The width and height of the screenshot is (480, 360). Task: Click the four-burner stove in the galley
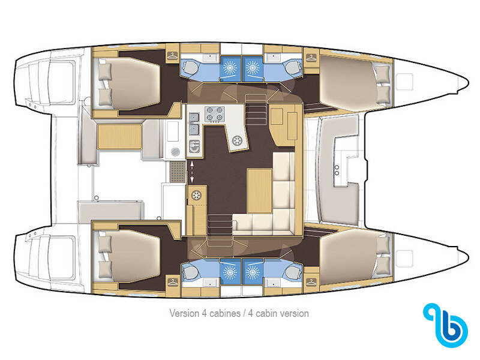(x=214, y=113)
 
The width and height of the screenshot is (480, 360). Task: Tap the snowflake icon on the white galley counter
(x=237, y=141)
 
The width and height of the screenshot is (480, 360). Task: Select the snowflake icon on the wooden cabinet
(x=196, y=195)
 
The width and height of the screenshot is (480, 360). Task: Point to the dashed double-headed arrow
(x=192, y=172)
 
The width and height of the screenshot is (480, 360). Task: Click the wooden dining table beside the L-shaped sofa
(x=260, y=191)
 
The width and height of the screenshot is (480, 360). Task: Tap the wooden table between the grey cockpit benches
(x=119, y=137)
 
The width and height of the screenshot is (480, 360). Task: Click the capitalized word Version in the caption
(x=184, y=313)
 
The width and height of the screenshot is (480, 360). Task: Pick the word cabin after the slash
(x=266, y=314)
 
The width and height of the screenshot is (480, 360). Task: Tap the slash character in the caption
(x=245, y=314)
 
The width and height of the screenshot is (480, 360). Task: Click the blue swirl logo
(x=445, y=325)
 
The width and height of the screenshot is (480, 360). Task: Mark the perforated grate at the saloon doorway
(x=178, y=172)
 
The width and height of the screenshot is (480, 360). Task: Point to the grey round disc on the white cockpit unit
(x=175, y=152)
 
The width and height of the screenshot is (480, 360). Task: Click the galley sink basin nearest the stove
(x=194, y=129)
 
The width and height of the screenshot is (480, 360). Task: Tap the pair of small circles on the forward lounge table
(x=337, y=170)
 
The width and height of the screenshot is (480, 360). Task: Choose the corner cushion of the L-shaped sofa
(x=284, y=222)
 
